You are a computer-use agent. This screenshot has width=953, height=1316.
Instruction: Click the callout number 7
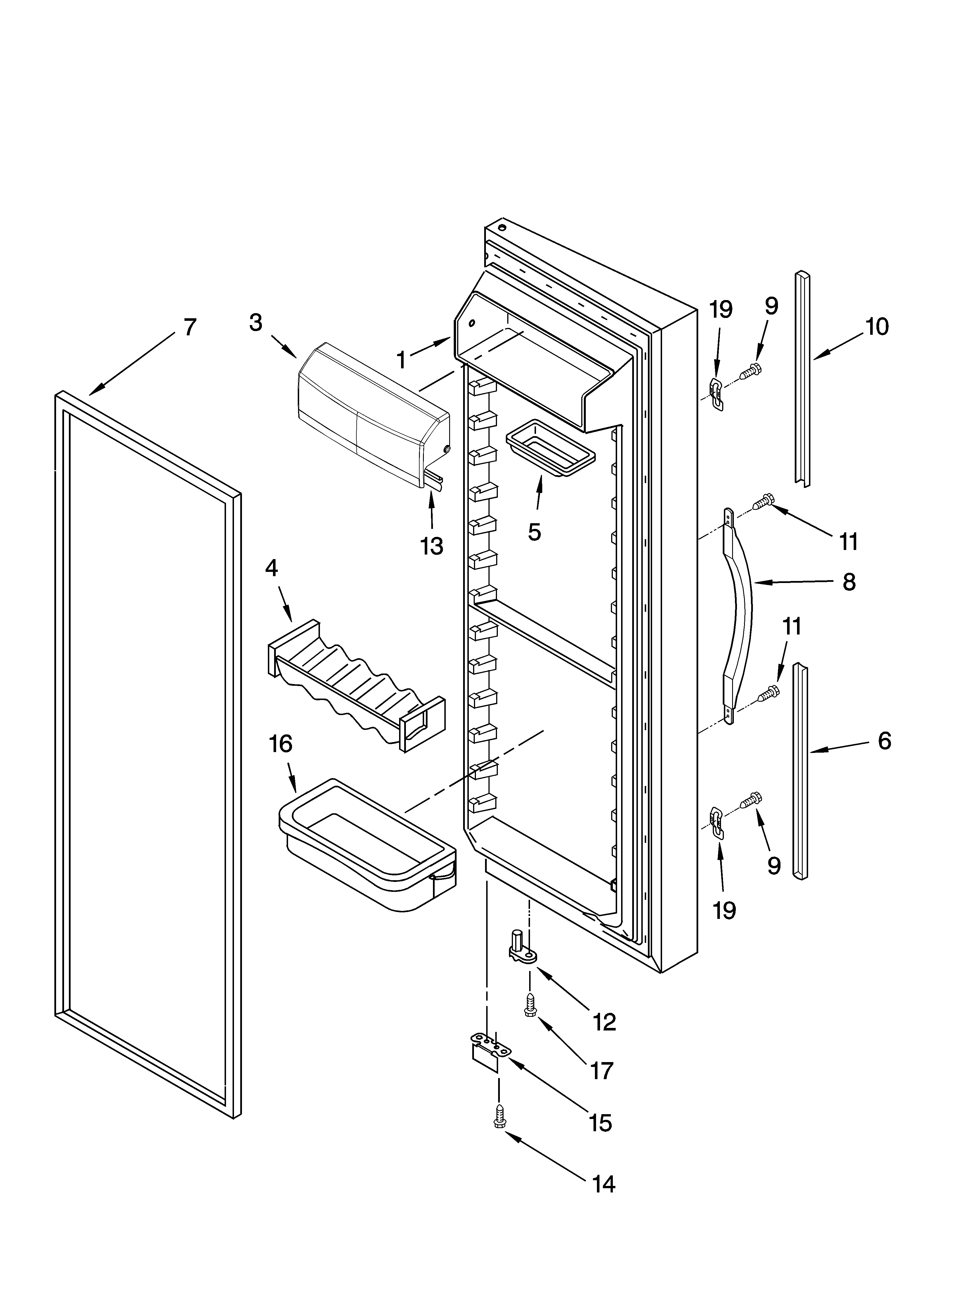[x=190, y=327]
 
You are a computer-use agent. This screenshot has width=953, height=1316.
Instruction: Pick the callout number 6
[x=884, y=741]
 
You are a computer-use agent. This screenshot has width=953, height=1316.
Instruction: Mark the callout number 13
[x=432, y=546]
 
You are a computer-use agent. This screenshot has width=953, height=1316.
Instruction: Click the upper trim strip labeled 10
[x=803, y=377]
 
